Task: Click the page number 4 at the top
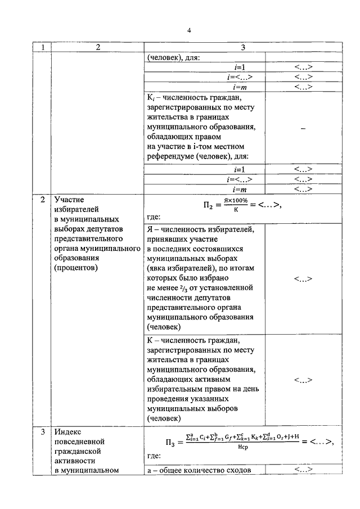point(190,30)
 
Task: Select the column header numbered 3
point(242,48)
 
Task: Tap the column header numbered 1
point(42,48)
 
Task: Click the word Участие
point(69,200)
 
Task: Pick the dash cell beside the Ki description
point(303,128)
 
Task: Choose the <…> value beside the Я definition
point(303,278)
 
